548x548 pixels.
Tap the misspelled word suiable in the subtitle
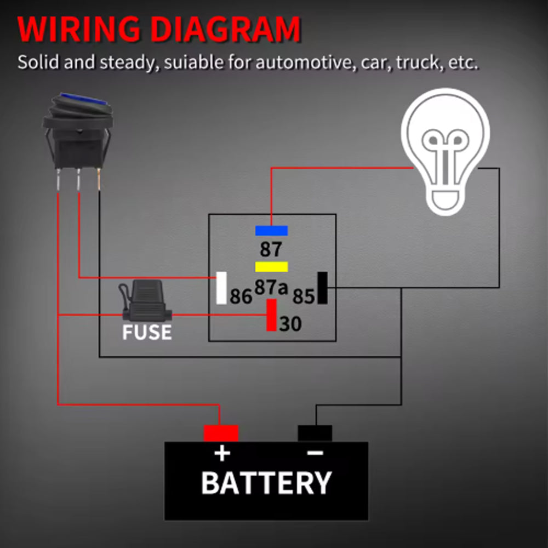pos(185,62)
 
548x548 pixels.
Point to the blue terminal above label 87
pos(271,231)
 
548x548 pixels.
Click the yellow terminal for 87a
pos(271,267)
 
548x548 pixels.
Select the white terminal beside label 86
pos(221,288)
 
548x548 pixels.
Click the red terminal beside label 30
pos(271,315)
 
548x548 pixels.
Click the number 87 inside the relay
pos(271,249)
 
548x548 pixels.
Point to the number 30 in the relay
pos(290,324)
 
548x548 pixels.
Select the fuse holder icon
pos(145,300)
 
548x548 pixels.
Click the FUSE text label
pos(146,332)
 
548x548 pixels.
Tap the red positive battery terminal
pos(221,433)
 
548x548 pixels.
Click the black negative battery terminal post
pos(315,433)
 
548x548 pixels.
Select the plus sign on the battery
pos(221,454)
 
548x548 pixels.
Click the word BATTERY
pos(266,483)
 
